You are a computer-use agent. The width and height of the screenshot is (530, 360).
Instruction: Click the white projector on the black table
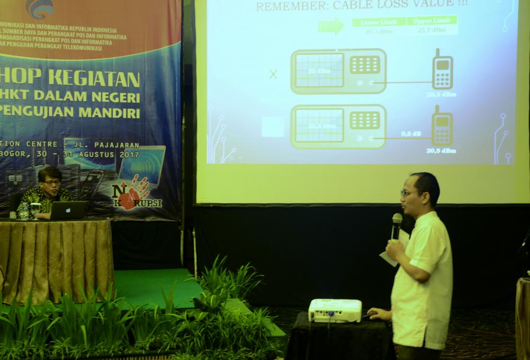click(335, 310)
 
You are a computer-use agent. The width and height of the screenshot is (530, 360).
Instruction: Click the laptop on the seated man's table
click(69, 210)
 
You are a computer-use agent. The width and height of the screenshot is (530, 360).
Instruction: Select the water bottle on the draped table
click(23, 210)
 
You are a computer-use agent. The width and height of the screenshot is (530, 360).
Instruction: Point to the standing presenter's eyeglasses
click(410, 193)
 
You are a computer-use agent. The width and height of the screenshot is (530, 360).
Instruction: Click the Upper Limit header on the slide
click(431, 21)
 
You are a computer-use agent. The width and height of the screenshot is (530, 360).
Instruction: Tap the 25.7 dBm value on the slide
click(431, 31)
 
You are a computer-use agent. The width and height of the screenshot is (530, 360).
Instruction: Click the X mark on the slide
click(273, 74)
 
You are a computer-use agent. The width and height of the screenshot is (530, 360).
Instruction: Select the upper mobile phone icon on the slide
click(442, 70)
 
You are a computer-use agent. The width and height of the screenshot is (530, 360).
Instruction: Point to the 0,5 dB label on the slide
click(411, 134)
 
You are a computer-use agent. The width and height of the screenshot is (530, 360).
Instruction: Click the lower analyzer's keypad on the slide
click(365, 120)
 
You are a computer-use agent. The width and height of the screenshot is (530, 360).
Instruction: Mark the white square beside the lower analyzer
click(273, 127)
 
